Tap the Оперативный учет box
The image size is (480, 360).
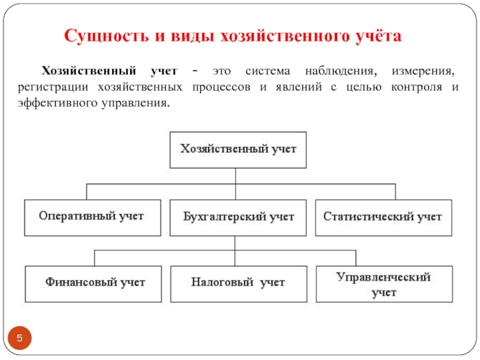click(x=92, y=217)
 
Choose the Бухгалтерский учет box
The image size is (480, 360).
click(x=238, y=217)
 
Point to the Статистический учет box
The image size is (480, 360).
click(x=383, y=217)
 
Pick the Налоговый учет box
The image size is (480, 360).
click(x=238, y=283)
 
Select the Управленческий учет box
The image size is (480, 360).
click(x=383, y=284)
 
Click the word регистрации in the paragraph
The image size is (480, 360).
click(x=50, y=87)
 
